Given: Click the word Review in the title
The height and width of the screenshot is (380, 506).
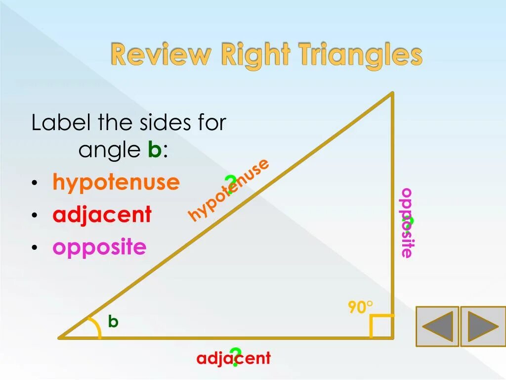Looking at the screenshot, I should coord(159,54).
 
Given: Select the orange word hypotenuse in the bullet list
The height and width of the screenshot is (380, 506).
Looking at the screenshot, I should coord(116,183).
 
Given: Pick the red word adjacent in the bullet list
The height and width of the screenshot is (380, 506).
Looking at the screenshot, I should coord(102,215).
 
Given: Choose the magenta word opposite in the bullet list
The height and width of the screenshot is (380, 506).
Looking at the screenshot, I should coord(99,247).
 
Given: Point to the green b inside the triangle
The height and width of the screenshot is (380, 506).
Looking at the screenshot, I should coord(113,322).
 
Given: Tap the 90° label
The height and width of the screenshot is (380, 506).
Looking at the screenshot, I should coord(360,307).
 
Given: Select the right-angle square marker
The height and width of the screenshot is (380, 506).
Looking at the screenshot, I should coord(381,326).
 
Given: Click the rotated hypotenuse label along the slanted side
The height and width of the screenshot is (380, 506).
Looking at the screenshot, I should coord(228,190).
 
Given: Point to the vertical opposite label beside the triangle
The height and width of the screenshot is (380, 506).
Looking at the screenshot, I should coord(407,222).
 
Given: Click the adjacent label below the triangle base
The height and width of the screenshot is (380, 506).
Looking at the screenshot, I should coord(233,358).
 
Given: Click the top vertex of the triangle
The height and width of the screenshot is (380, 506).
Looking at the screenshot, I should coord(392,93).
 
